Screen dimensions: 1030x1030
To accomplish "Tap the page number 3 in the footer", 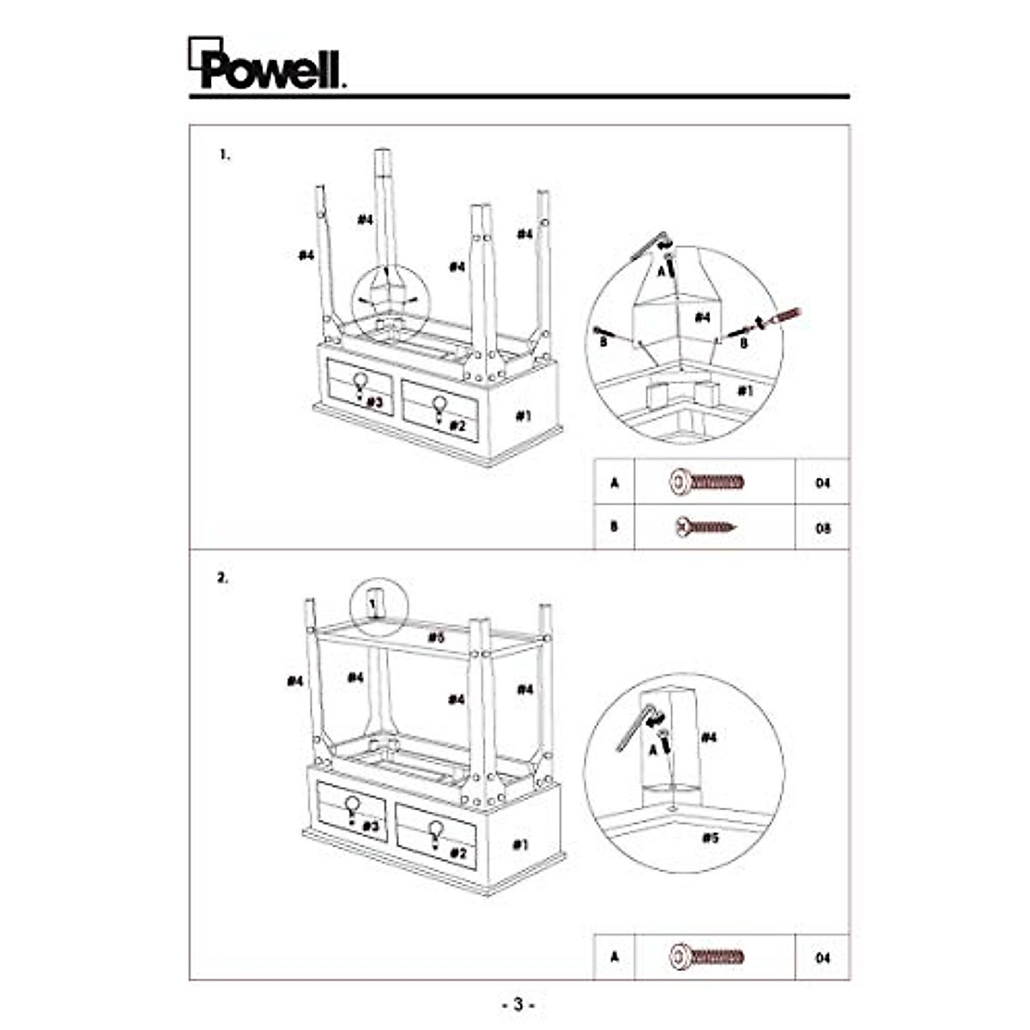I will coord(518,1003).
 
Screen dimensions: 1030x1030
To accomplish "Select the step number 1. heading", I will coord(224,155).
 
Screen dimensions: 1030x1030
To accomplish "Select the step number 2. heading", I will coord(223,578).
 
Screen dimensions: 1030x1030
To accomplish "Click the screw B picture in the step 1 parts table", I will coord(706,524).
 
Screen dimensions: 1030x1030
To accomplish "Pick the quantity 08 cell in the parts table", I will coord(822,528).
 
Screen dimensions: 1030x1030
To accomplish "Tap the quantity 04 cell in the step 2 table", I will coord(822,957).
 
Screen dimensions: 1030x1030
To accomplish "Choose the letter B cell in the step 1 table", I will coord(614,526).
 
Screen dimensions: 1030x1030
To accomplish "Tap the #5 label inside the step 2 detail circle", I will coord(710,838).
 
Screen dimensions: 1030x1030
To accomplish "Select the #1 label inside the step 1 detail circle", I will coord(747,391).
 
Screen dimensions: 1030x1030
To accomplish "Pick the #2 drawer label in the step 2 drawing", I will coord(457,852).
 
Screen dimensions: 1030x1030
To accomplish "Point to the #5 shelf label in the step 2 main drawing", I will coord(436,637).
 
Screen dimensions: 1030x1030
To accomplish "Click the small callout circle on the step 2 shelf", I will coord(375,607).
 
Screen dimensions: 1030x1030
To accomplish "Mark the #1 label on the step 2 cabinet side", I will coord(520,845).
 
